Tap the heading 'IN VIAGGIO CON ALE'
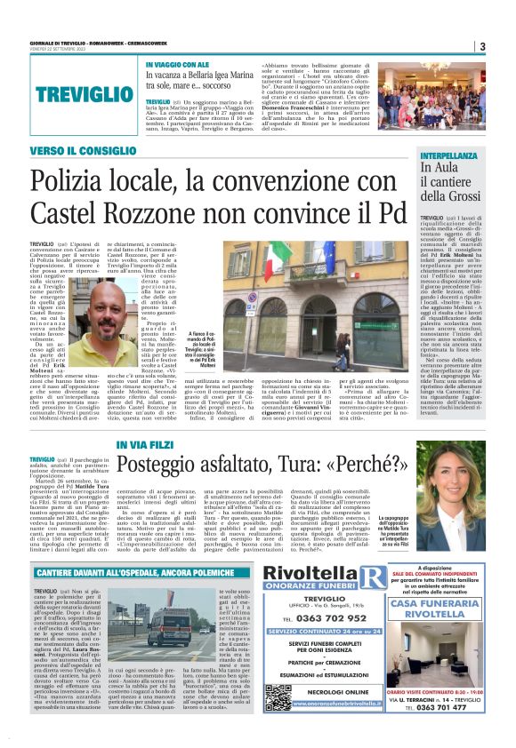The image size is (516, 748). pos(177,64)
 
